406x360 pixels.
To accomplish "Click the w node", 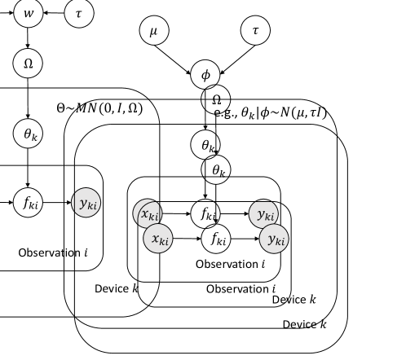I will point(28,14).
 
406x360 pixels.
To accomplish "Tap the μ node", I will point(152,32).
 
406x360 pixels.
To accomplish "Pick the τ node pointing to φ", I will point(255,32).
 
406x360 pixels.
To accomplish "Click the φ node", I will point(205,74).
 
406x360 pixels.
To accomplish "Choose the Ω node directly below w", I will point(28,62).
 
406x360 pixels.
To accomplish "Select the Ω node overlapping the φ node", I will point(216,99).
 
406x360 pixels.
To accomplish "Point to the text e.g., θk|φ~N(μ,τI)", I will point(271,112).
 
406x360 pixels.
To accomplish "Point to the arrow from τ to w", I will point(54,14).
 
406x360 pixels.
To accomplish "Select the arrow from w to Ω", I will point(28,37).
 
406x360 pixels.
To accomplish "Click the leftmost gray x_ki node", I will point(148,214).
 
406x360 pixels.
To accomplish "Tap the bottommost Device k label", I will point(304,324).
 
